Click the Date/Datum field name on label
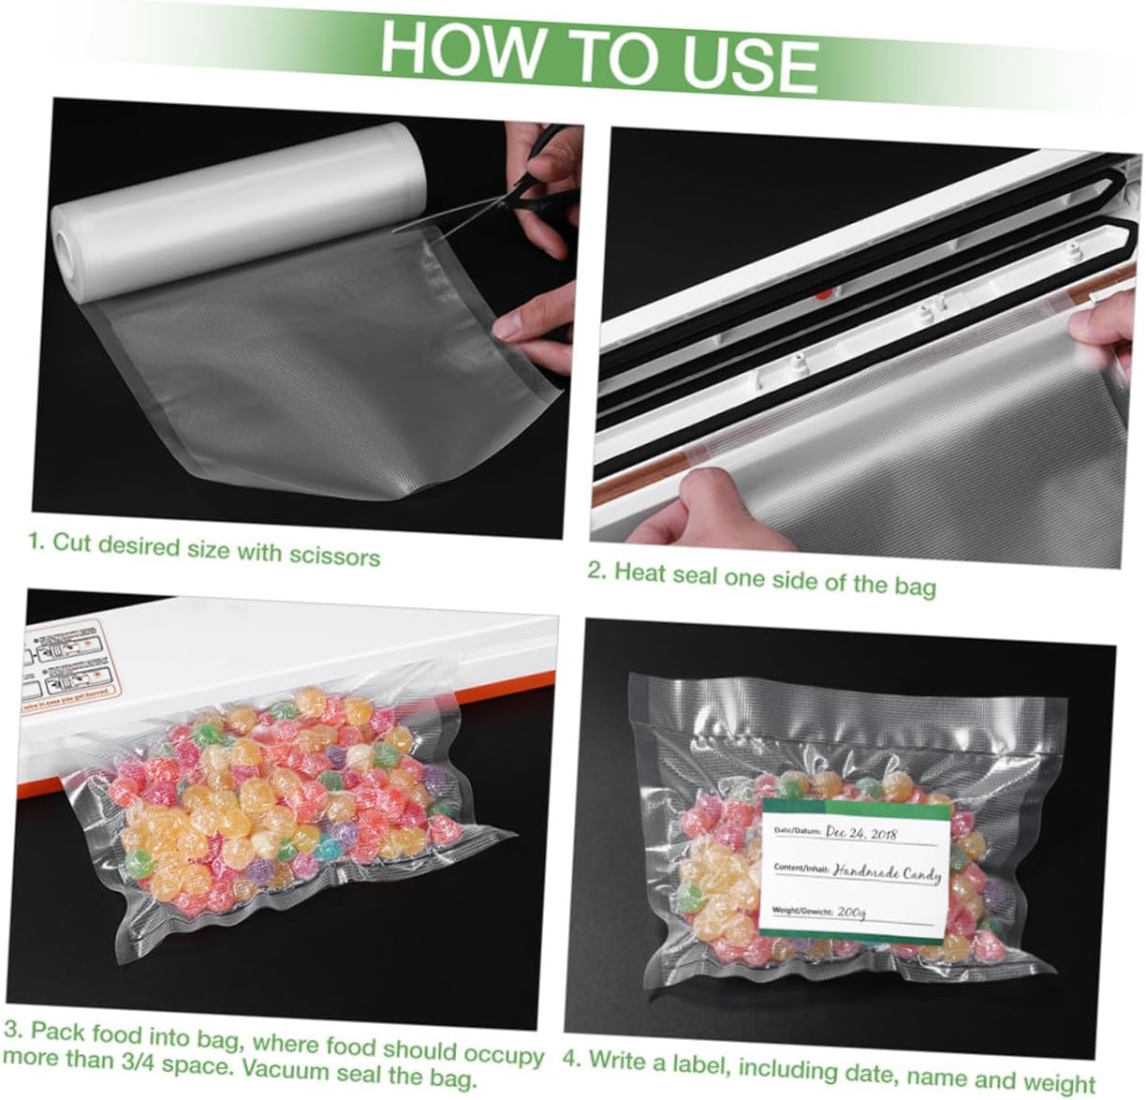click(797, 830)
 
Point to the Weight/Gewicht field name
click(797, 910)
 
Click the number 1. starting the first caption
click(36, 541)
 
